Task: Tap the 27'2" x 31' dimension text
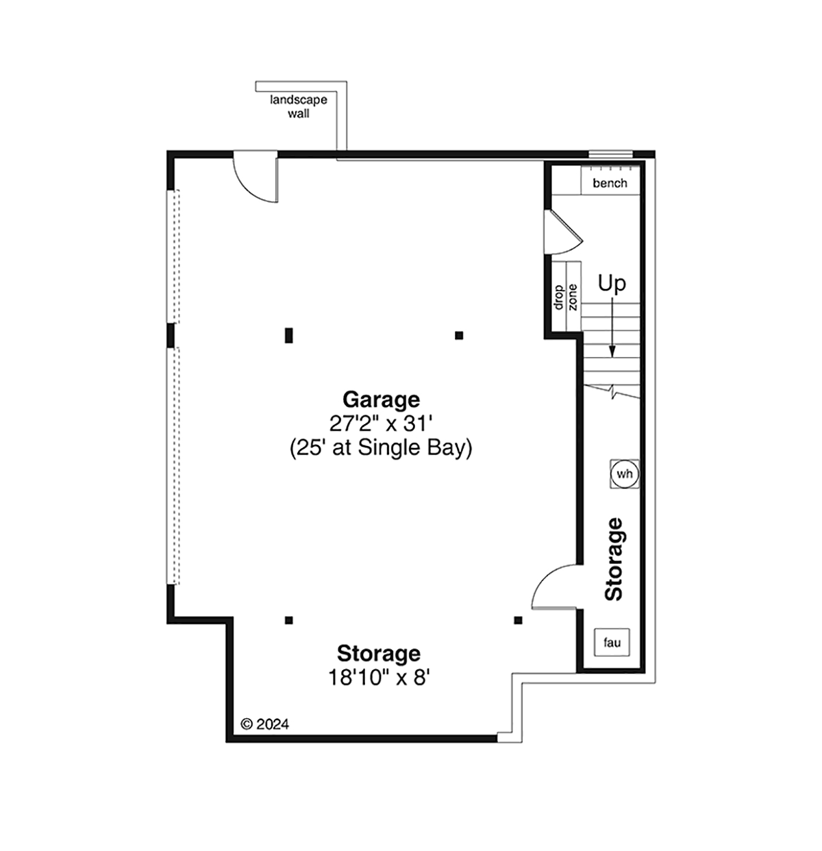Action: pos(381,423)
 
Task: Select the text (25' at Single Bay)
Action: pos(381,448)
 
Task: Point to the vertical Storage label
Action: pos(614,559)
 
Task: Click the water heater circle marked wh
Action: pos(624,473)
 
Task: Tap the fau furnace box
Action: pos(612,643)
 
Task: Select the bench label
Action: pos(610,183)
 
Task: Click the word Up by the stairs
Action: pos(612,284)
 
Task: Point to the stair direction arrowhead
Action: pos(612,351)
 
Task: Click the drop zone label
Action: pos(566,297)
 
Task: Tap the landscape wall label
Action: pos(299,107)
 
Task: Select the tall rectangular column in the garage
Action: pos(288,336)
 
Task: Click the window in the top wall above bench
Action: pos(610,154)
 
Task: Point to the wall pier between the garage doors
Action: pos(171,336)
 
